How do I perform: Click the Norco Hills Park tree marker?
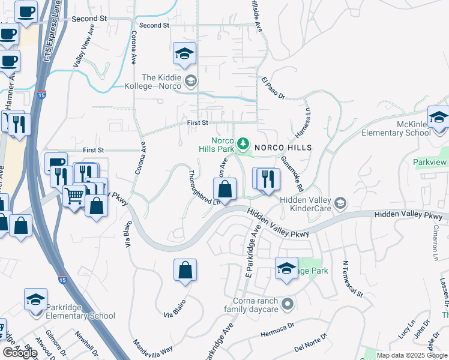(243, 143)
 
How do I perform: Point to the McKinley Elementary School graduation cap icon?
(439, 118)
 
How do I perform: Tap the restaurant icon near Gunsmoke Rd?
(268, 179)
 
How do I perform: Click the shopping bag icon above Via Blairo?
(185, 271)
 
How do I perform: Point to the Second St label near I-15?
(89, 19)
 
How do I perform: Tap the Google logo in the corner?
(20, 353)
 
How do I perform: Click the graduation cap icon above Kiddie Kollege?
(184, 54)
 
